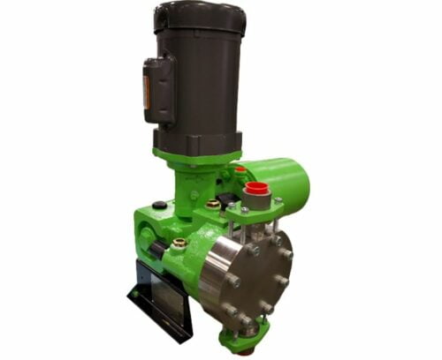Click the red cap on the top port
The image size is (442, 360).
point(256,188)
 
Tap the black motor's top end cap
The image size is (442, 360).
point(200,15)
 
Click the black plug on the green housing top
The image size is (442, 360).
point(159,206)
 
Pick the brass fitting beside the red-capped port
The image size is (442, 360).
point(213,205)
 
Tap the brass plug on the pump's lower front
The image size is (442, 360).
point(179,241)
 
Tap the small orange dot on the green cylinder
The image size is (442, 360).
point(240,169)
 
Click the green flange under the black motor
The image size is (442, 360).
point(196,157)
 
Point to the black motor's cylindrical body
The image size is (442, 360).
point(199,79)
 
